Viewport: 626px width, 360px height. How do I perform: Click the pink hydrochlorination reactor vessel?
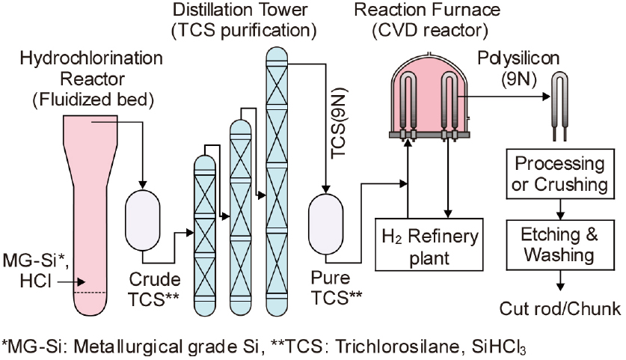point(93,217)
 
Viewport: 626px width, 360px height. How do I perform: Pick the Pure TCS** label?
point(337,287)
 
